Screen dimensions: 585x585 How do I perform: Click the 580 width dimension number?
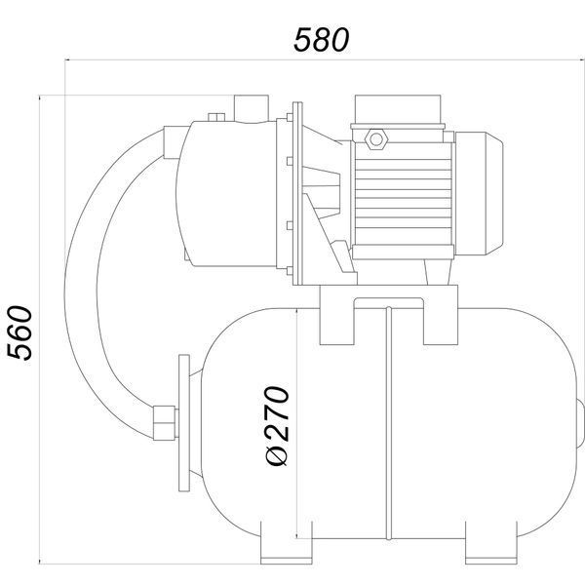321,40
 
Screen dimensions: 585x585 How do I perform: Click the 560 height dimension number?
20,333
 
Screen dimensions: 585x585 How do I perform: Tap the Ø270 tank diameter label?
277,426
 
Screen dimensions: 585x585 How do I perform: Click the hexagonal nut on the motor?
376,139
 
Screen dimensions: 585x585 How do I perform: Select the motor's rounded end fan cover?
479,193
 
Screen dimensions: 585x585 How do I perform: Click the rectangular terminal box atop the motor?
398,109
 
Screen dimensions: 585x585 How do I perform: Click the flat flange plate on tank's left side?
184,423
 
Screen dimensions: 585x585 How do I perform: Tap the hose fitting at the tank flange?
165,423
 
